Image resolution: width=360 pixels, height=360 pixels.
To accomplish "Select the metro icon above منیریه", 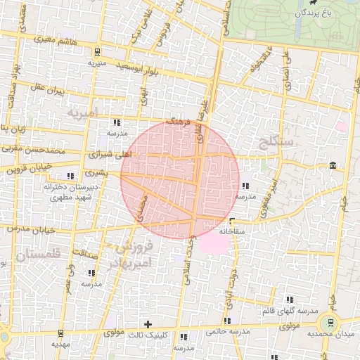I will click(x=96, y=52).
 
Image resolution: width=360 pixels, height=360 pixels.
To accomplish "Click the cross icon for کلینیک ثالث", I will click(x=148, y=323).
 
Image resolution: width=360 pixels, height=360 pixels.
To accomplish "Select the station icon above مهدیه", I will click(x=62, y=333).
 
